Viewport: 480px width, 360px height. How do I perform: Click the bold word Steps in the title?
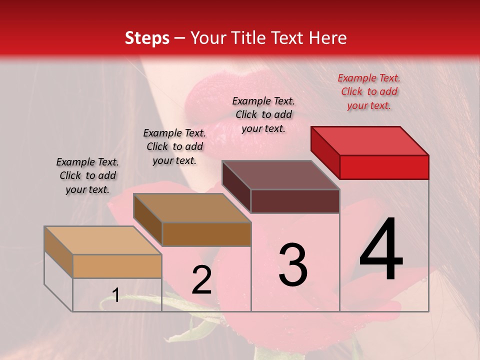pos(147,38)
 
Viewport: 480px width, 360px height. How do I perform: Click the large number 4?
pos(381,250)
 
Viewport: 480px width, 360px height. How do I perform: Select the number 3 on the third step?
pos(292,264)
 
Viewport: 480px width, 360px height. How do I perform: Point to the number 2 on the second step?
pos(201,280)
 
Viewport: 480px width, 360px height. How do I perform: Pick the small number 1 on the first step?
pos(115,295)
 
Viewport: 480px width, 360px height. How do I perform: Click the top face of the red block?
pos(369,140)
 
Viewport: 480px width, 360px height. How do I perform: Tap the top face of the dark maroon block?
pos(280,175)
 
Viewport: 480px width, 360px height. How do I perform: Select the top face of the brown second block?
pos(191,207)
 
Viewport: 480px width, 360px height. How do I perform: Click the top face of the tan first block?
pos(102,240)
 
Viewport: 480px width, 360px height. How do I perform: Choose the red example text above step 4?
pos(369,91)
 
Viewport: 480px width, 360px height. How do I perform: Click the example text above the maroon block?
pos(263,114)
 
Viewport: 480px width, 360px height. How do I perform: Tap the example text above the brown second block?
pos(174,146)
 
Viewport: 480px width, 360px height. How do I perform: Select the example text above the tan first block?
pos(87,175)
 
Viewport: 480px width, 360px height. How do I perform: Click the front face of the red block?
pos(384,167)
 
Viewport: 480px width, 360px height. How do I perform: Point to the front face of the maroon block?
pos(295,201)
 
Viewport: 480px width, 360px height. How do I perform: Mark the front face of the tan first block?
pos(117,266)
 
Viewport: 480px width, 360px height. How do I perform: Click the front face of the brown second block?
pos(206,234)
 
